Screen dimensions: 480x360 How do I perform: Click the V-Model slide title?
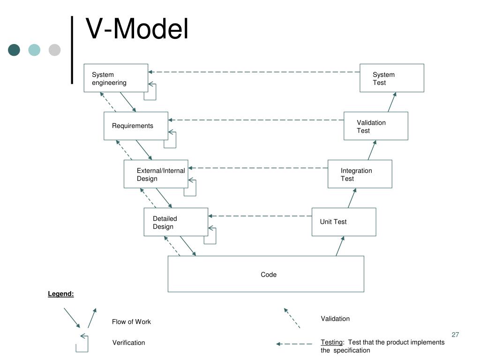pyautogui.click(x=137, y=29)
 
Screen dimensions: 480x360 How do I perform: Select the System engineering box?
pyautogui.click(x=116, y=78)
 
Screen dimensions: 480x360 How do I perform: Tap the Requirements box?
pyautogui.click(x=136, y=126)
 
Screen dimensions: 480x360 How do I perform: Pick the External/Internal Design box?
pyautogui.click(x=156, y=174)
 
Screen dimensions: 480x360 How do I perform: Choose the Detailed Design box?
pyautogui.click(x=176, y=222)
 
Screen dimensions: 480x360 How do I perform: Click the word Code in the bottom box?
pyautogui.click(x=269, y=275)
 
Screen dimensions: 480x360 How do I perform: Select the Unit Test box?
pyautogui.click(x=344, y=222)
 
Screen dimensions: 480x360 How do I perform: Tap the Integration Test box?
pyautogui.click(x=360, y=174)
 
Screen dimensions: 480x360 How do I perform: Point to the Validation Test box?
pyautogui.click(x=376, y=126)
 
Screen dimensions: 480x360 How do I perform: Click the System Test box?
pyautogui.click(x=392, y=78)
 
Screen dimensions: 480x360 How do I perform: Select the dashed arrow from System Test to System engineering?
pyautogui.click(x=254, y=72)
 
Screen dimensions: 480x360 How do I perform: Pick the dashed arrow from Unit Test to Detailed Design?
pyautogui.click(x=260, y=216)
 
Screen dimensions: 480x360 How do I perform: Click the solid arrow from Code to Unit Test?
pyautogui.click(x=340, y=246)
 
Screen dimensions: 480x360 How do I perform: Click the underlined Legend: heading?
pyautogui.click(x=61, y=294)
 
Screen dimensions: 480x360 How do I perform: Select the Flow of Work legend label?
pyautogui.click(x=131, y=322)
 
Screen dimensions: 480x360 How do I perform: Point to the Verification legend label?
pyautogui.click(x=128, y=343)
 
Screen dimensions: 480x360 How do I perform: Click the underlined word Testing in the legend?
pyautogui.click(x=331, y=342)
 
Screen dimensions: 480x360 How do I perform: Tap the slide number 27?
pyautogui.click(x=455, y=335)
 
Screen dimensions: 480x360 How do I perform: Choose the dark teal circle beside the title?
pyautogui.click(x=14, y=50)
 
